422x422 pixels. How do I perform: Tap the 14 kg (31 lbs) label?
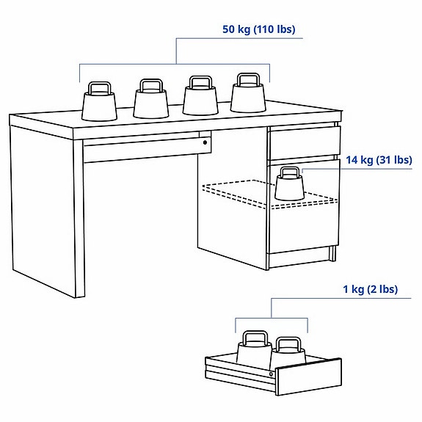coord(378,160)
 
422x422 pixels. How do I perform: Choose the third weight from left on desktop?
coord(200,98)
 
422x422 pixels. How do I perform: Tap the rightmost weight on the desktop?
coord(247,95)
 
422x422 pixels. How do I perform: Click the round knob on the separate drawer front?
coord(272,374)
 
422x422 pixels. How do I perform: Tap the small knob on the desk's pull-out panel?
coord(205,142)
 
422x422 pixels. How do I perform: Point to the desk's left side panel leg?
coord(43,213)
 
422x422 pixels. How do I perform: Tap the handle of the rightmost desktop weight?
coord(247,79)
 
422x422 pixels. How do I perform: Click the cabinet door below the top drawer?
coord(302,220)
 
